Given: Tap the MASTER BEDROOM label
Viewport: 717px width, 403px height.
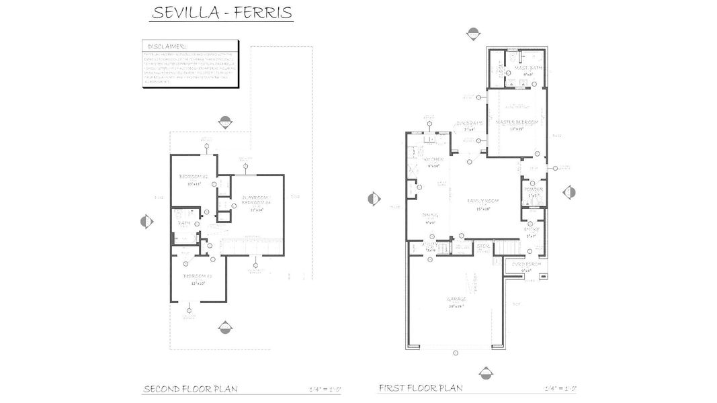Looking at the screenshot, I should coord(516,123).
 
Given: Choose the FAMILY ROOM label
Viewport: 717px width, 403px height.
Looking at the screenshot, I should coord(482,201).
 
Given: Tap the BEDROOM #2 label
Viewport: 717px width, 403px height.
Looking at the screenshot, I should coord(193,177).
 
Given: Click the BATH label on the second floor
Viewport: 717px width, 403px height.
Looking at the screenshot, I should coord(182,224).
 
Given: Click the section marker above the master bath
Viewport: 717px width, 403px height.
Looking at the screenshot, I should coord(474,33).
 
